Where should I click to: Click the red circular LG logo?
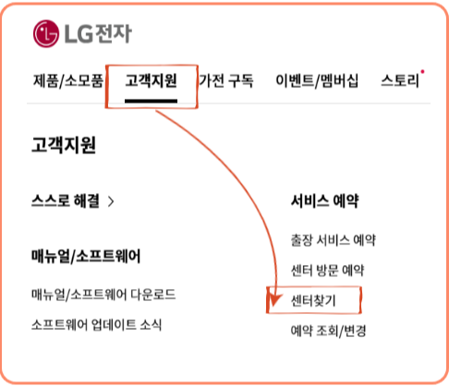[46, 33]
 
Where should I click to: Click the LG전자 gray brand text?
[98, 33]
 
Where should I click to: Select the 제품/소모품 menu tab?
[68, 81]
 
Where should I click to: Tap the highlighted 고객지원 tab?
[151, 80]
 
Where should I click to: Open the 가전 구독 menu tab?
[226, 81]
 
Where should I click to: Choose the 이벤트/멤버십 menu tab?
[317, 81]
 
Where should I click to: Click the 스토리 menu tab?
[400, 81]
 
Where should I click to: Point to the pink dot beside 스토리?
[422, 72]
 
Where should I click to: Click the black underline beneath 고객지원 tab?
[151, 101]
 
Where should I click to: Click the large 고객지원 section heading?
[64, 145]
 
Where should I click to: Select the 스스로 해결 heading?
[66, 200]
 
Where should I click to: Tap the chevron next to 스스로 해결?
[111, 201]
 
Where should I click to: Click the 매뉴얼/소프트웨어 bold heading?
[86, 256]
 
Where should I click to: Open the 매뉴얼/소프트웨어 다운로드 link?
[103, 295]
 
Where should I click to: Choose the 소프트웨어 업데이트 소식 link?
[96, 325]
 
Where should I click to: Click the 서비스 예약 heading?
[325, 201]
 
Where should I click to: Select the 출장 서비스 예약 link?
[334, 240]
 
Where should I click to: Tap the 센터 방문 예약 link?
[327, 271]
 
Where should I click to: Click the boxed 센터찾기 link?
[313, 300]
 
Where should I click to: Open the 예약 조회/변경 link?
[328, 331]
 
